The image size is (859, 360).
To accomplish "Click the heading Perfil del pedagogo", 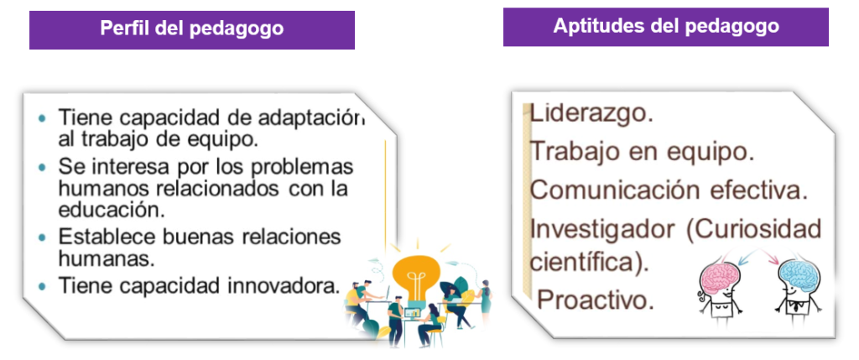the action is tap(192, 29).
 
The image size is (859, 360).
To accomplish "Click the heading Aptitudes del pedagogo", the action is tap(665, 26).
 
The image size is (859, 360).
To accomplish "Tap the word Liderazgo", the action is tap(591, 113).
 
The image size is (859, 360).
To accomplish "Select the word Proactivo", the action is tap(596, 300).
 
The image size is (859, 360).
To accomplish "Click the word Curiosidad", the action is tap(754, 229).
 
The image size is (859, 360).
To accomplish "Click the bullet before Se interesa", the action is tap(43, 167).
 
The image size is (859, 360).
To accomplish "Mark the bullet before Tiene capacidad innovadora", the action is tap(43, 285).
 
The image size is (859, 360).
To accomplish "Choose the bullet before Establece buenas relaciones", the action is tap(43, 237).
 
